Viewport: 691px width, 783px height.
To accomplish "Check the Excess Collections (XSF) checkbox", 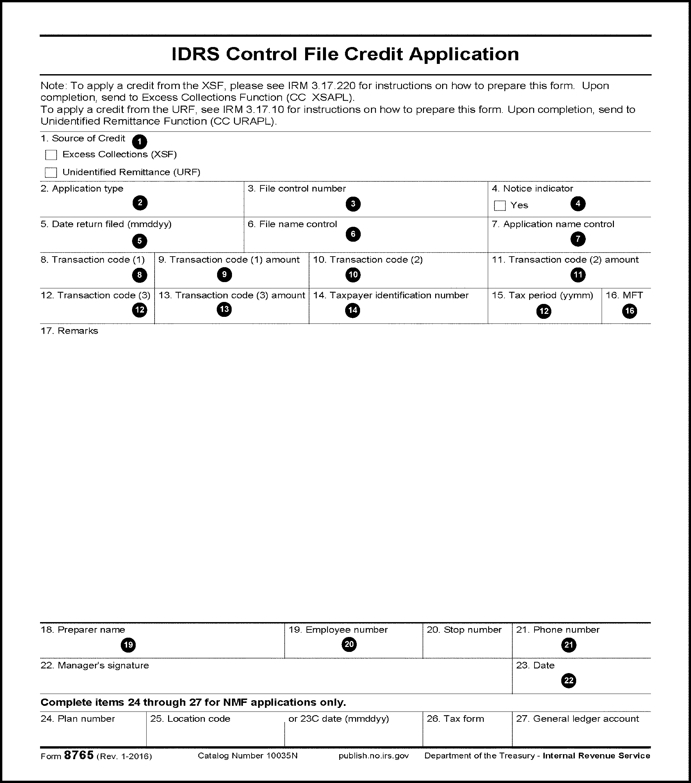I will click(x=51, y=155).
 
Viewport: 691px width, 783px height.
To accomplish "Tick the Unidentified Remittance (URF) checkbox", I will click(x=51, y=172).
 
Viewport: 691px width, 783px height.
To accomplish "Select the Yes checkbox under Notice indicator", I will click(x=500, y=206).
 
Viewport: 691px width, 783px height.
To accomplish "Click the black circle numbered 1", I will click(x=139, y=142).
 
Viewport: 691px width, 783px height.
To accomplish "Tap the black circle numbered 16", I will click(x=629, y=311).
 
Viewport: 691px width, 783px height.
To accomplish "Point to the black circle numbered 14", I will click(x=352, y=310).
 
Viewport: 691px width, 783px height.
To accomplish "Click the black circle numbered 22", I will click(x=569, y=680).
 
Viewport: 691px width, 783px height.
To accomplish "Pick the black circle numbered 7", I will click(x=578, y=239).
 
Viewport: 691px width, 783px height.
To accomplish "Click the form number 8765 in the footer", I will click(x=79, y=755).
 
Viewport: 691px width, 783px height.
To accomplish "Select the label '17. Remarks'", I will click(x=69, y=331).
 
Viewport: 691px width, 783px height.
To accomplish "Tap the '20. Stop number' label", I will click(x=464, y=630).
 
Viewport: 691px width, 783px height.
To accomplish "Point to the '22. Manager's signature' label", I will click(x=95, y=665).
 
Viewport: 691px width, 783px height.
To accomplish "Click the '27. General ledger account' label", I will click(x=577, y=719).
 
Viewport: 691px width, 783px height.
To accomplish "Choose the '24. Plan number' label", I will click(x=78, y=719).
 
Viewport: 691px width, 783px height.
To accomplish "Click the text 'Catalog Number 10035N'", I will click(x=248, y=756).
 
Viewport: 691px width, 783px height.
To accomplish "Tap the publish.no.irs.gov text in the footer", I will click(x=374, y=756).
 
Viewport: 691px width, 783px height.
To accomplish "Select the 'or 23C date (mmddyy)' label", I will click(x=339, y=719).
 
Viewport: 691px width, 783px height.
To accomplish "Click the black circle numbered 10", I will click(x=352, y=275).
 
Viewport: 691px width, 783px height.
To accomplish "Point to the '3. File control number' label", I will click(x=297, y=188).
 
